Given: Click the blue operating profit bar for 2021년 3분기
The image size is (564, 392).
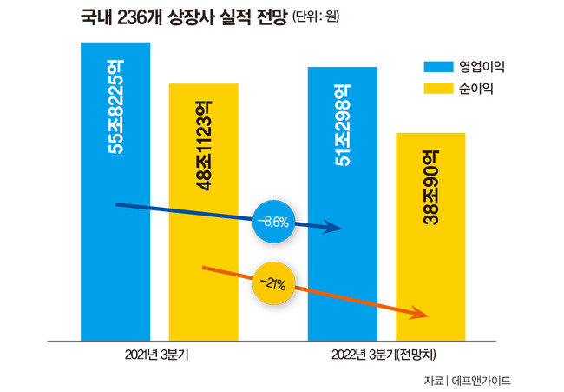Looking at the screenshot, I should point(115,261).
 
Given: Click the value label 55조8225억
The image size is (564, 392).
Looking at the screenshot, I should point(115,109).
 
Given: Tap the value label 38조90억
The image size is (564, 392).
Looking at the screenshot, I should point(431,188).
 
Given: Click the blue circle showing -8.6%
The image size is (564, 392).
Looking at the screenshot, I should point(273,222).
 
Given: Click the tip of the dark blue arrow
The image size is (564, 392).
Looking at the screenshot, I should point(341,229).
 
